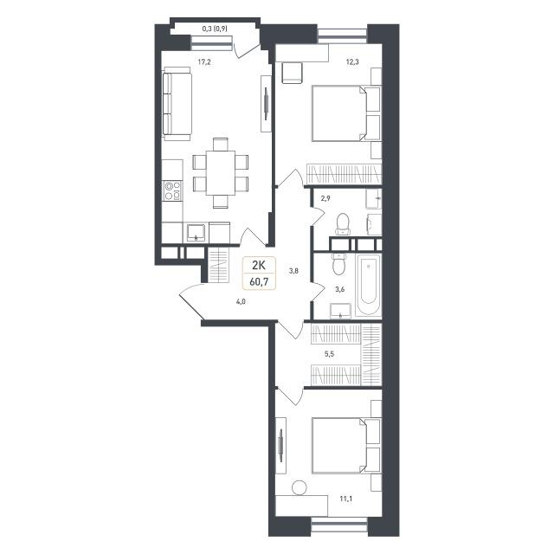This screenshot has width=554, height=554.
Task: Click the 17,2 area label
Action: tap(204, 62)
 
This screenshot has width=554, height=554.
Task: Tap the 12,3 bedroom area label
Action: tap(352, 62)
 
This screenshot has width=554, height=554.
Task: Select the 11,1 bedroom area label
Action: tap(346, 499)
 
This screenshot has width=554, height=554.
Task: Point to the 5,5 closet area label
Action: tap(329, 354)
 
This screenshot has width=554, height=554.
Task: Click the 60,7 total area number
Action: tap(259, 281)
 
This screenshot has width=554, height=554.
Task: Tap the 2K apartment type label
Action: tap(259, 265)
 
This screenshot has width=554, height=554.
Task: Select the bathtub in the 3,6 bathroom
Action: tap(368, 286)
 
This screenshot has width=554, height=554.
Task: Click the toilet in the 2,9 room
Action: tap(343, 224)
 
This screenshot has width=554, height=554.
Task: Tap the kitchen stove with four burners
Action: tap(173, 190)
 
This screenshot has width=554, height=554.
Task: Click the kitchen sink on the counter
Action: tap(196, 233)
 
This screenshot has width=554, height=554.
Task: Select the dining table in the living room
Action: tap(221, 173)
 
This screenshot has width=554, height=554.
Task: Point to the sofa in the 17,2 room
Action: tap(177, 104)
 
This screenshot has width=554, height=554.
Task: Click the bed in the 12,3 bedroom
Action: tap(346, 113)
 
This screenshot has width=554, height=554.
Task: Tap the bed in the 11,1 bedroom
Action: tap(346, 446)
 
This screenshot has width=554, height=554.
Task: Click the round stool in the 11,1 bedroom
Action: tap(300, 487)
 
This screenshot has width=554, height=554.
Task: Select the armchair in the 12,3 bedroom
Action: tap(293, 73)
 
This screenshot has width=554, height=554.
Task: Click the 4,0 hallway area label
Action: tap(241, 302)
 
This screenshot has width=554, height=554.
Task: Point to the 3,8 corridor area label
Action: tap(294, 271)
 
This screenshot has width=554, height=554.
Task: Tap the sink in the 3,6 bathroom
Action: tap(340, 311)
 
